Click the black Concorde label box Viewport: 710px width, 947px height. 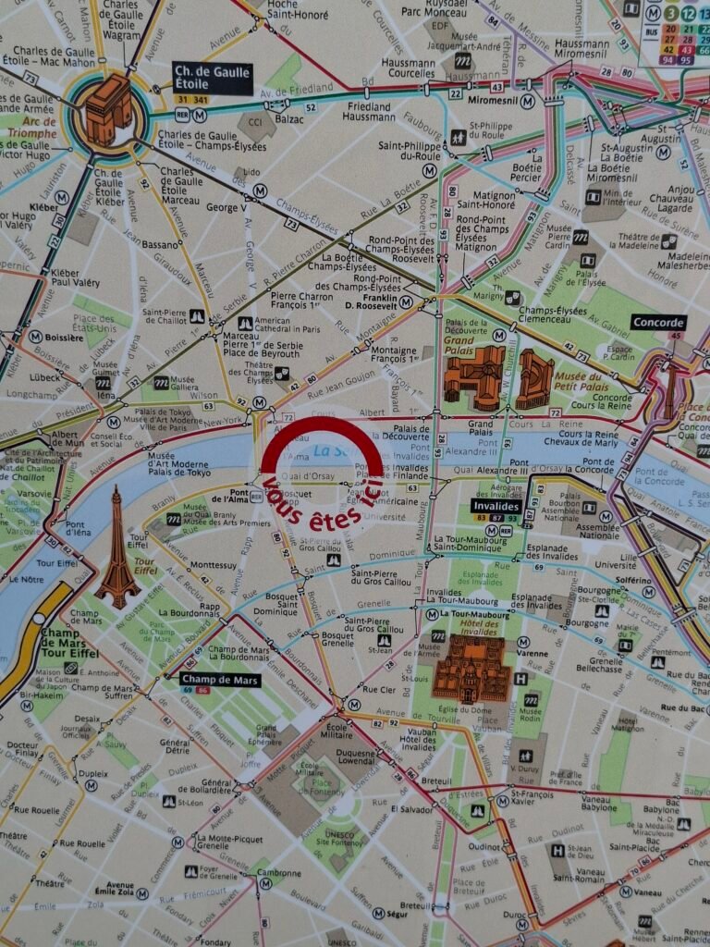(659, 323)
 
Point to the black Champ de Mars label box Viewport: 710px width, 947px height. (219, 680)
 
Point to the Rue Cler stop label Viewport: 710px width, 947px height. (379, 689)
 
